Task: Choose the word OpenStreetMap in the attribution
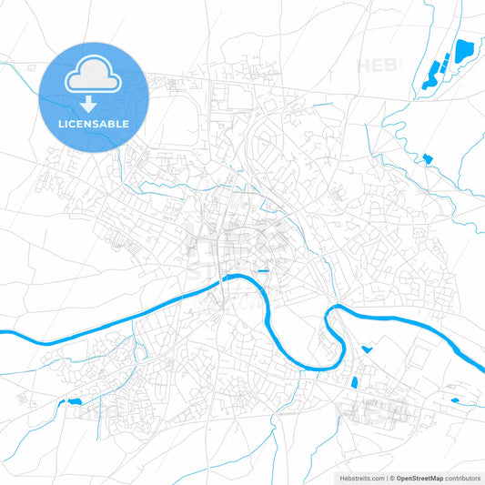tap(419, 477)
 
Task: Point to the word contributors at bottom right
tap(463, 477)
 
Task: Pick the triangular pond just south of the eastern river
tap(367, 349)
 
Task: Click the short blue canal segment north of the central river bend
tap(263, 271)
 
